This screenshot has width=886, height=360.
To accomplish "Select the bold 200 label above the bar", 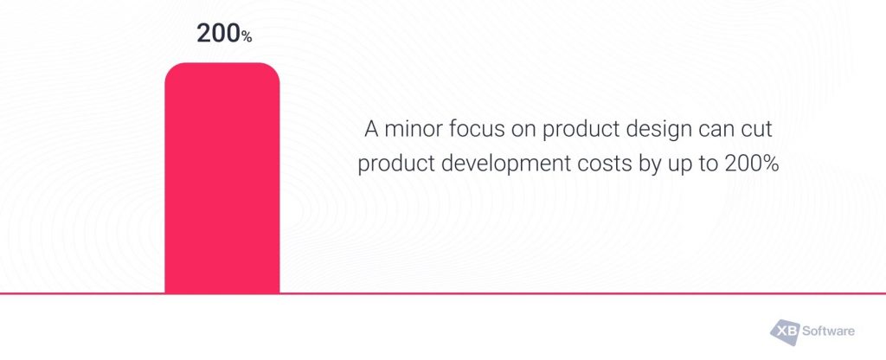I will pos(217,34).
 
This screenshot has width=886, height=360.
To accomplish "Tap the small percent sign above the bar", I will pos(247,36).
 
